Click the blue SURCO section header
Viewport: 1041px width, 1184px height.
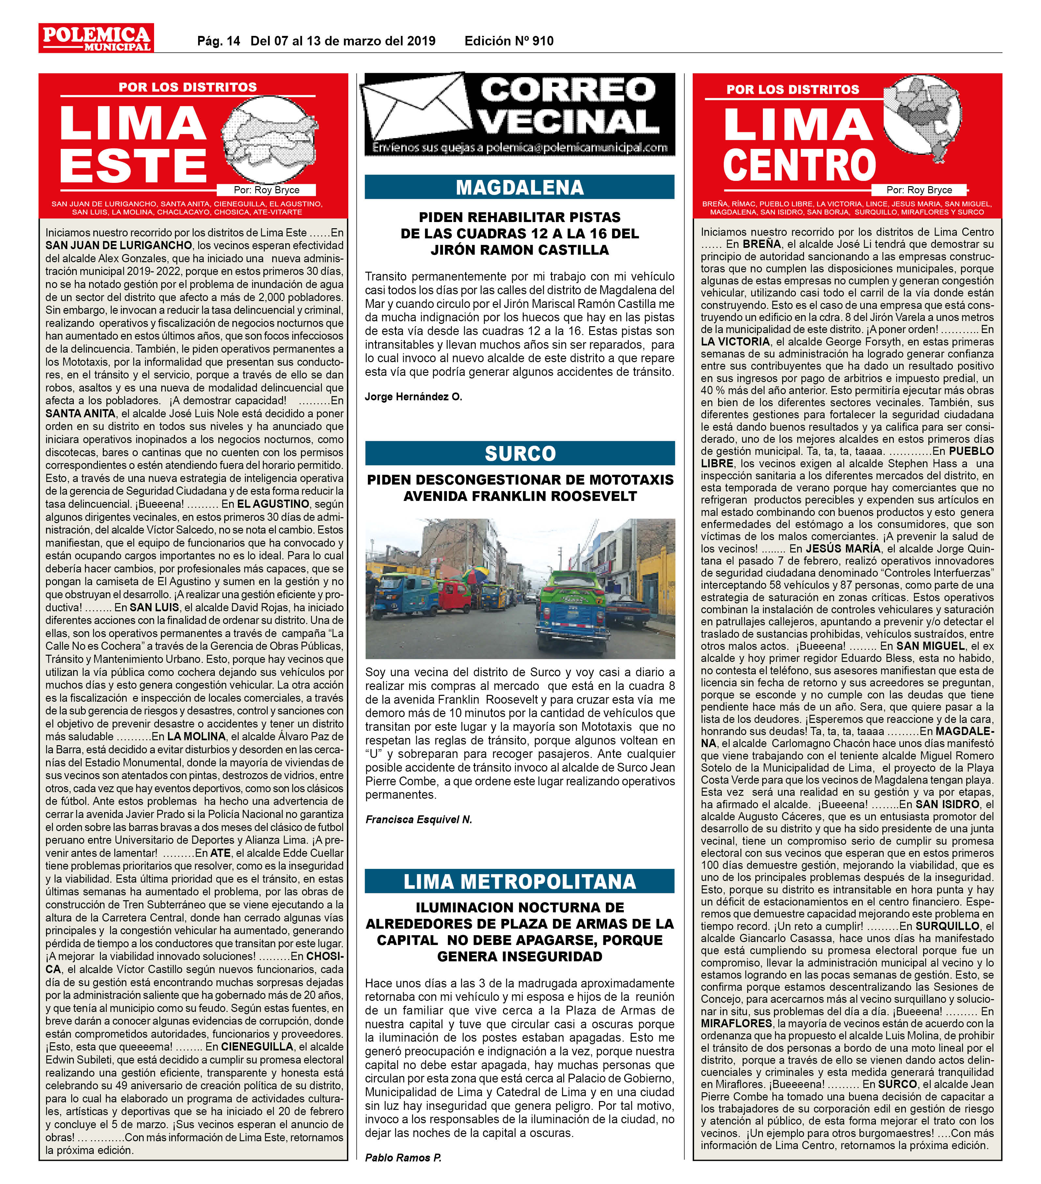(x=519, y=453)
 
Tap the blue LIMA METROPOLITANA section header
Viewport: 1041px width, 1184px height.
(x=519, y=881)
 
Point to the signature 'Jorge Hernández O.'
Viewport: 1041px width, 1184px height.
(x=413, y=397)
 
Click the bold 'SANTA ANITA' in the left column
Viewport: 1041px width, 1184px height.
(x=80, y=414)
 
